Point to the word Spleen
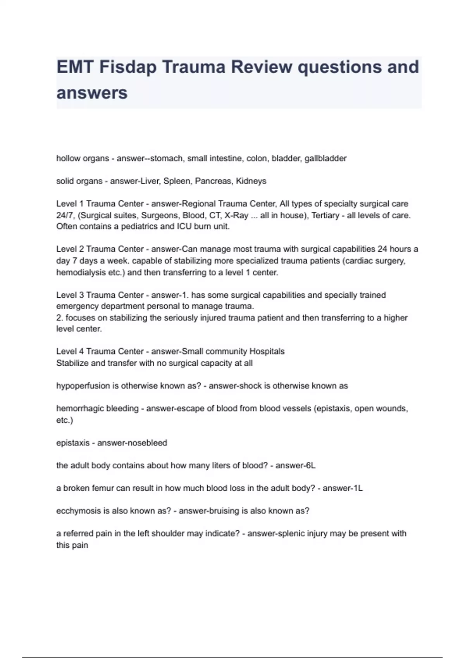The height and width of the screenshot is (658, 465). [177, 181]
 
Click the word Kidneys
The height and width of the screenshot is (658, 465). [251, 181]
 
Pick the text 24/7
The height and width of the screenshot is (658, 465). [65, 215]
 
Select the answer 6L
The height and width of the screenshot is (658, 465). [311, 466]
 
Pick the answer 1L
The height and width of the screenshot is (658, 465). [358, 488]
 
